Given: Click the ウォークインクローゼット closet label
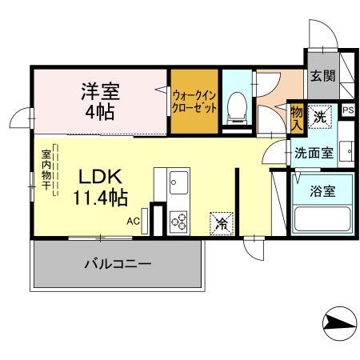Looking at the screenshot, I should pyautogui.click(x=194, y=102).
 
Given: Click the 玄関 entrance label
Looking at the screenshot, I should pyautogui.click(x=322, y=78).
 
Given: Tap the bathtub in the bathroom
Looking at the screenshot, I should pyautogui.click(x=322, y=219).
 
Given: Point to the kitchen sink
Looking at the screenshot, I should pyautogui.click(x=178, y=182).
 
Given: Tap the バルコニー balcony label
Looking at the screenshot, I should pyautogui.click(x=118, y=263).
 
